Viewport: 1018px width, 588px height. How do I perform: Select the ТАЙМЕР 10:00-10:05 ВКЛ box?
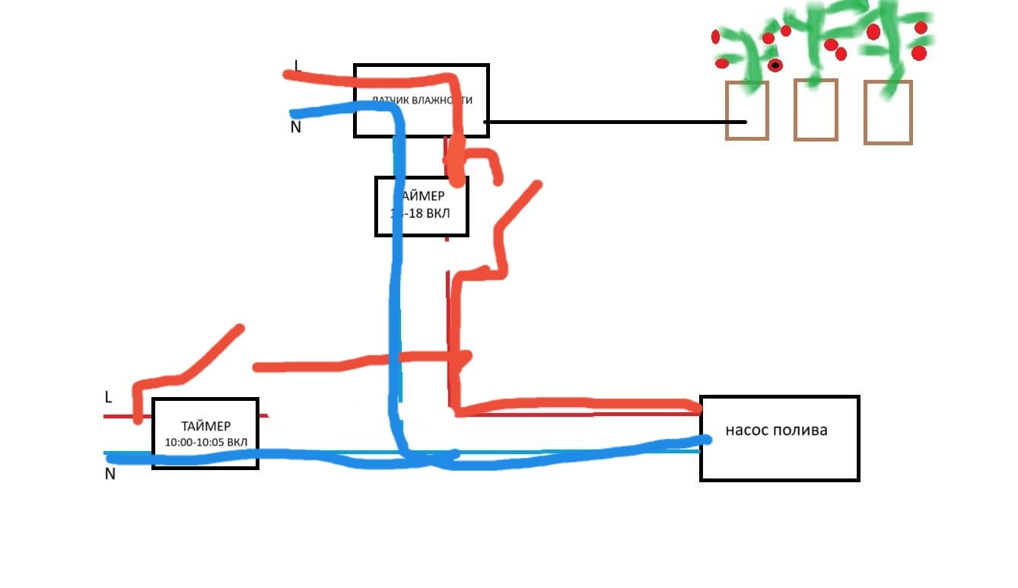(x=205, y=433)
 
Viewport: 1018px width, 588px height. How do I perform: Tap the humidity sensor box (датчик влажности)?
(x=421, y=100)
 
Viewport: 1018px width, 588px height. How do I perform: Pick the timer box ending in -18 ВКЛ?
(x=421, y=206)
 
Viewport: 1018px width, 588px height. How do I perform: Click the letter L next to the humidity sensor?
(x=297, y=65)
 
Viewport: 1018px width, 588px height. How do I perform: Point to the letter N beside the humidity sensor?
(x=296, y=127)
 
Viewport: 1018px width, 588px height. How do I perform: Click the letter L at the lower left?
(x=109, y=397)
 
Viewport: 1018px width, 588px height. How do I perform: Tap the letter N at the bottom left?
(x=110, y=474)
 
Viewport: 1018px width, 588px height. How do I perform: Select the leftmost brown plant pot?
(x=746, y=110)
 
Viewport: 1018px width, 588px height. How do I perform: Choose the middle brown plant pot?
(x=815, y=110)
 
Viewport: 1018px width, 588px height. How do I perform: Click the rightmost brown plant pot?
(x=888, y=112)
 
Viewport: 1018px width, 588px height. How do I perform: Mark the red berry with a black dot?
(x=775, y=65)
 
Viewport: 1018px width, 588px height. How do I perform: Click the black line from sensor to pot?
(x=609, y=122)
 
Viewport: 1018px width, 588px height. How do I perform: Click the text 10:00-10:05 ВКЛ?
(x=205, y=443)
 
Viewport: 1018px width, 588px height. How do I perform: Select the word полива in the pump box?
(x=800, y=430)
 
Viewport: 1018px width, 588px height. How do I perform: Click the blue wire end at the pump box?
(x=705, y=439)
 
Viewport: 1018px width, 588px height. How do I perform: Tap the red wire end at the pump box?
(x=696, y=408)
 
